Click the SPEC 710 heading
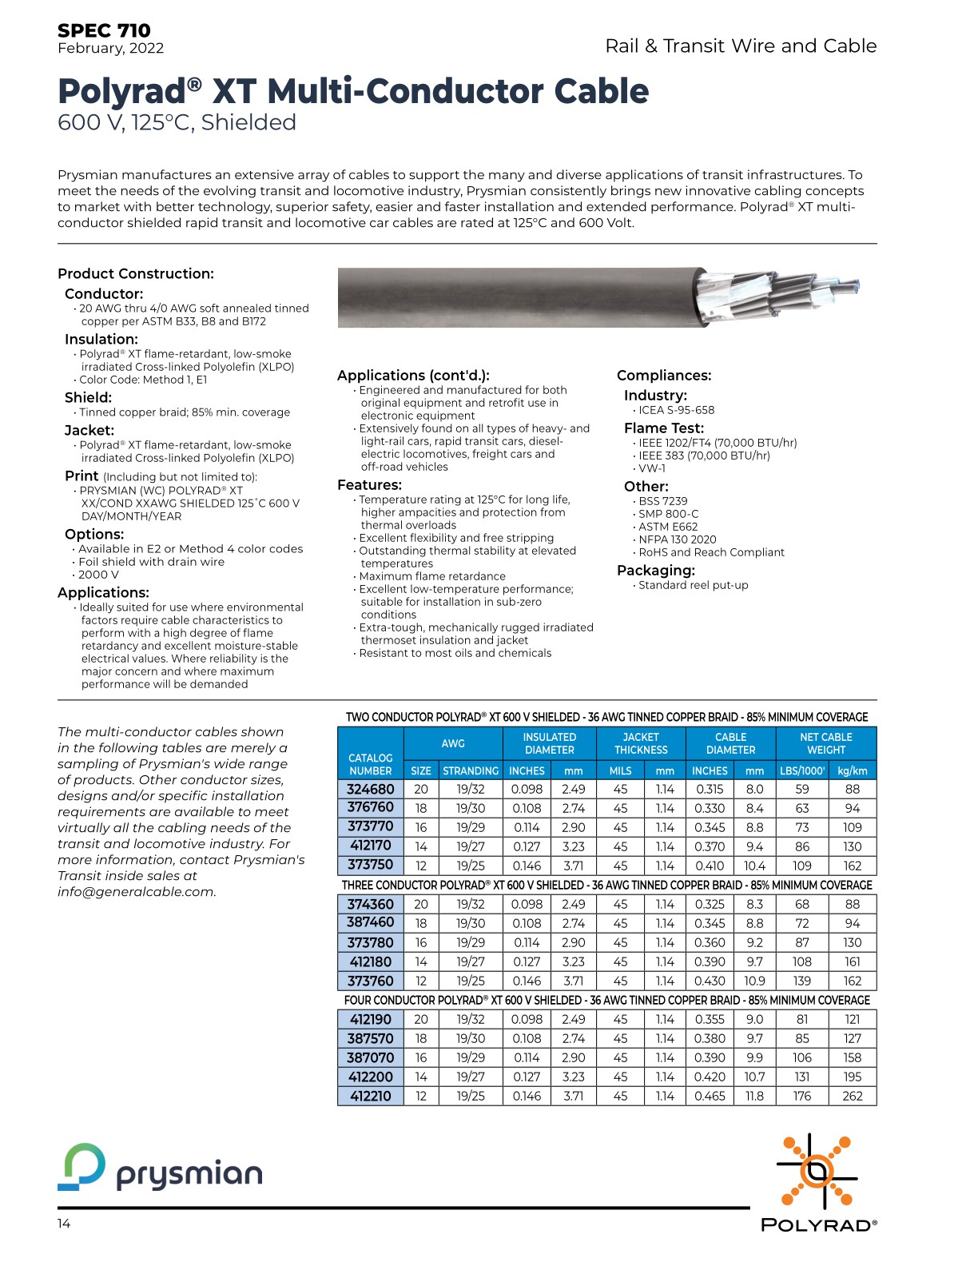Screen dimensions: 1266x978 104,30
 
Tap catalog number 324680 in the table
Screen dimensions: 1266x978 371,789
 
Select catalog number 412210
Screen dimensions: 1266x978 371,1096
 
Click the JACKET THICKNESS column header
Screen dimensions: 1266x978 641,743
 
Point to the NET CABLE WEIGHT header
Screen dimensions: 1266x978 825,743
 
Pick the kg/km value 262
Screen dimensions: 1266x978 853,1096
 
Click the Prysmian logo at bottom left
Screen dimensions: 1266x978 160,1168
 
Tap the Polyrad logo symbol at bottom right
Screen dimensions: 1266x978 817,1172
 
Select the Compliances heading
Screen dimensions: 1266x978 664,376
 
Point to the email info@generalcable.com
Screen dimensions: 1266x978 137,892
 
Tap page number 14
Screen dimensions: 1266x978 64,1224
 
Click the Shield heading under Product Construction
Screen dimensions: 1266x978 88,397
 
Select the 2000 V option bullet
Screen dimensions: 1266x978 98,575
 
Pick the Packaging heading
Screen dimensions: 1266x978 656,571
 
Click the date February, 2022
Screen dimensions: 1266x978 110,49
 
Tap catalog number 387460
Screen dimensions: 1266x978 371,923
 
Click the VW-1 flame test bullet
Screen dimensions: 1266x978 652,468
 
